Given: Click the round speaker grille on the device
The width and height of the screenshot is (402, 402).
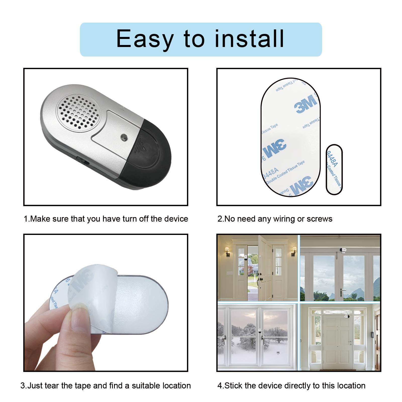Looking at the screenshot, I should coord(79,111).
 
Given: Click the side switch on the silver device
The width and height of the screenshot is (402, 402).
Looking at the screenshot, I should coord(83,160).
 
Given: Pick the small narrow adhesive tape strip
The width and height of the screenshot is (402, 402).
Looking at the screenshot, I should coord(334,169).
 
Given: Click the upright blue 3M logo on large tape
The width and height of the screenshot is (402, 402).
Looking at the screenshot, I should coord(306,104).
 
